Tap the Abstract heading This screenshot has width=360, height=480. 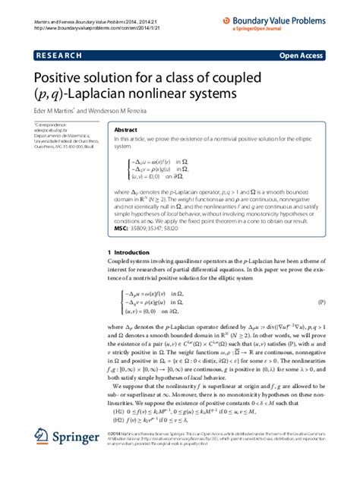[125, 130]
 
